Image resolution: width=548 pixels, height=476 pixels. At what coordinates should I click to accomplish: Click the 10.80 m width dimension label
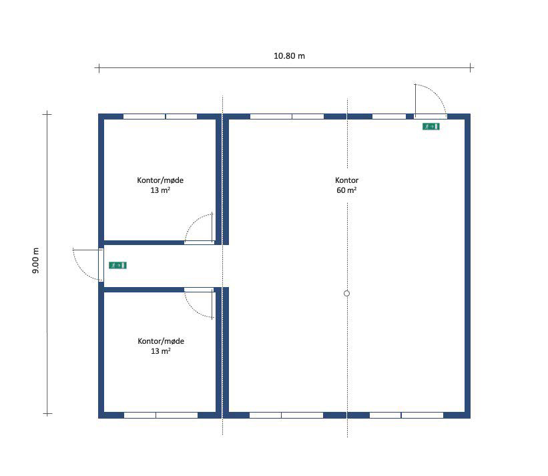click(289, 56)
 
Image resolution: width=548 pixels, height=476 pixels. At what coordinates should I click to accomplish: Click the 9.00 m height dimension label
click(35, 260)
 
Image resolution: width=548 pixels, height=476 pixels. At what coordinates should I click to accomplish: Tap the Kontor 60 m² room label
click(346, 185)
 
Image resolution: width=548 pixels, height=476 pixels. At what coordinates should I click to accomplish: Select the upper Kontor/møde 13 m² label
click(160, 185)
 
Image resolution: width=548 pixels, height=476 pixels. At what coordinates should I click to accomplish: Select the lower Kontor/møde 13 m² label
click(161, 346)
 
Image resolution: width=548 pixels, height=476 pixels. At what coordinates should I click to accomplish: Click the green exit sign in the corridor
click(117, 265)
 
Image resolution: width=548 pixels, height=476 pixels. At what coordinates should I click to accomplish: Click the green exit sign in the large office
click(431, 126)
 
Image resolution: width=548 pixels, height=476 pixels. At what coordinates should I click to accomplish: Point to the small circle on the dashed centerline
click(346, 294)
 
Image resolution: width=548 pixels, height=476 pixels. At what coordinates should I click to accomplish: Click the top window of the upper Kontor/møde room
click(160, 116)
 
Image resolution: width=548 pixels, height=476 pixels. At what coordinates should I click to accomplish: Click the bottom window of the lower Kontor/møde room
click(161, 415)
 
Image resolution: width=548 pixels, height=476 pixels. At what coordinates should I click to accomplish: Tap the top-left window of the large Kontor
click(287, 116)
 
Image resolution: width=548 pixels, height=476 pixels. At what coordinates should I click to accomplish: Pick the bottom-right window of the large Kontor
click(406, 415)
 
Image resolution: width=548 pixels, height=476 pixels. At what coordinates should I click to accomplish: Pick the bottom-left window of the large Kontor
click(286, 415)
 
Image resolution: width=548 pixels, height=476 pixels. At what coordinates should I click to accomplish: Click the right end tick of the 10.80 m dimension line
click(471, 68)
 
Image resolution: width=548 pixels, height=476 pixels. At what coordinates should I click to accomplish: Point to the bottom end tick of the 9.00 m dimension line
click(47, 414)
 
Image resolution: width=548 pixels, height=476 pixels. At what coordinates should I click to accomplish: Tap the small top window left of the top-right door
click(389, 116)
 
